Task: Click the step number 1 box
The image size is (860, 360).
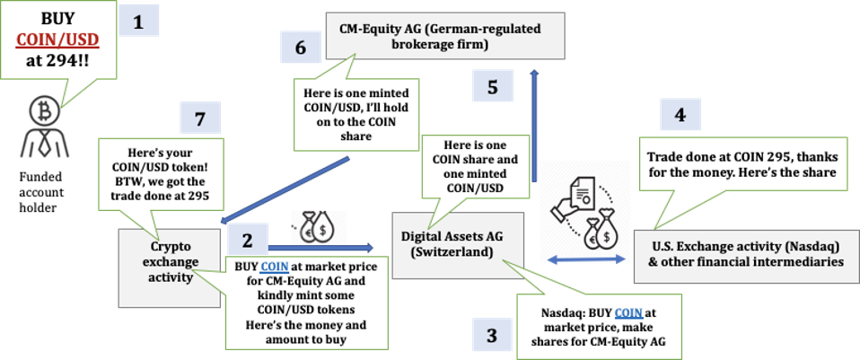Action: pos(137,22)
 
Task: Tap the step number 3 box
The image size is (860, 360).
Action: pos(491,336)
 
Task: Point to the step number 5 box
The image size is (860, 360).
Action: pos(492,87)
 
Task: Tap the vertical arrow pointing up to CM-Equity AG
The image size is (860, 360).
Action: pos(534,126)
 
